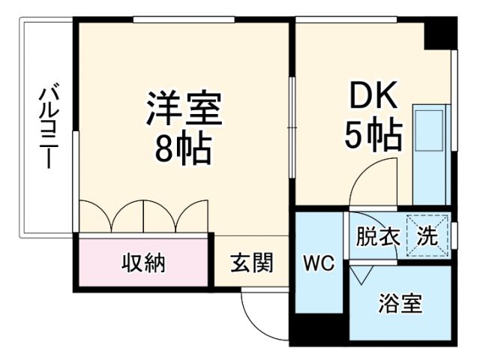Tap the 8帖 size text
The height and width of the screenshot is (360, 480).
coord(184,151)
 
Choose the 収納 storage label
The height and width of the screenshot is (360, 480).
coord(143,263)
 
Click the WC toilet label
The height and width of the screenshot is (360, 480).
coord(317,263)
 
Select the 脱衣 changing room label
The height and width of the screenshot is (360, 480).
coord(377,238)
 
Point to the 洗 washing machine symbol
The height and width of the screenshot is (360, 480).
coord(427,237)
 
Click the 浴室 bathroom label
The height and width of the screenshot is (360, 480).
coord(400,304)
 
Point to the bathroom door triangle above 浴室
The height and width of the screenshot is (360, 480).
coord(358,276)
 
